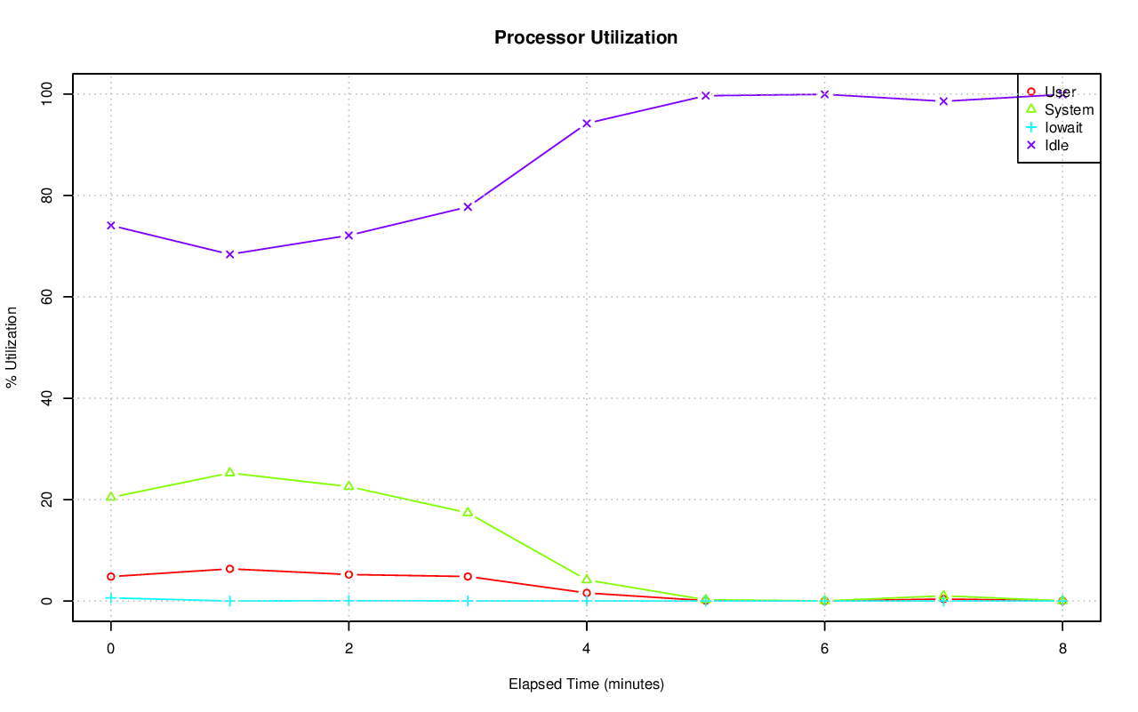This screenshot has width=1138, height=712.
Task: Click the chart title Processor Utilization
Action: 586,37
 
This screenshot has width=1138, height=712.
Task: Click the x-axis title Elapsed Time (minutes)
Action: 586,684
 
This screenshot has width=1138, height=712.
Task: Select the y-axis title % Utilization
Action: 12,347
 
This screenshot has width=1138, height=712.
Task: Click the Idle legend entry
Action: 1056,145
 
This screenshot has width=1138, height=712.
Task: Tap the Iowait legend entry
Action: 1063,127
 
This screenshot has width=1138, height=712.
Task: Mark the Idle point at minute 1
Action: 229,254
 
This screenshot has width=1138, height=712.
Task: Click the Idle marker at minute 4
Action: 586,123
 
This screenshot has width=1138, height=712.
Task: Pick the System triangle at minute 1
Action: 229,472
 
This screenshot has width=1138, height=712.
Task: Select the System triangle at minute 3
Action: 468,512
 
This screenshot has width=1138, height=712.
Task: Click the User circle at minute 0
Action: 110,576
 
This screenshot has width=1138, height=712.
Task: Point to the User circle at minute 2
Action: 349,574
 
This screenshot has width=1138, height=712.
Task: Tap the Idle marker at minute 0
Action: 110,225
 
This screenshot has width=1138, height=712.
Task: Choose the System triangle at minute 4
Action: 586,579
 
